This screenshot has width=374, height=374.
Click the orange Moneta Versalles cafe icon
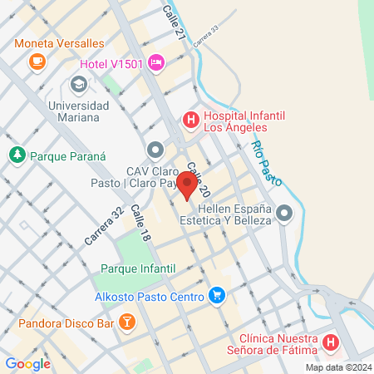pyautogui.click(x=37, y=61)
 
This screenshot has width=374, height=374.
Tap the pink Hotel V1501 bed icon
pyautogui.click(x=156, y=63)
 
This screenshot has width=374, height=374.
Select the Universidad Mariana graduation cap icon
pyautogui.click(x=79, y=84)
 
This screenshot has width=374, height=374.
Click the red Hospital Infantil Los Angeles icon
pyautogui.click(x=190, y=121)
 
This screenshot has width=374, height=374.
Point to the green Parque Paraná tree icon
pyautogui.click(x=17, y=155)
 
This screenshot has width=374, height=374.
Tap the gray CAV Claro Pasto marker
pyautogui.click(x=155, y=150)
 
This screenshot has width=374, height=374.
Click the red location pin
pyautogui.click(x=189, y=186)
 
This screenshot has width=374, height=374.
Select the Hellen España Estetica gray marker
pyautogui.click(x=284, y=214)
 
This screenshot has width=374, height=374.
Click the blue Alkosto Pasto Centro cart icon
pyautogui.click(x=217, y=295)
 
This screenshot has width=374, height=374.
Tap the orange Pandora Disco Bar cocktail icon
pyautogui.click(x=126, y=320)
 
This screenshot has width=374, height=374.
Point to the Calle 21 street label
pyautogui.click(x=174, y=20)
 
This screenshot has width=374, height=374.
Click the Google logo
pyautogui.click(x=27, y=363)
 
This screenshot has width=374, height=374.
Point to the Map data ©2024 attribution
pyautogui.click(x=337, y=367)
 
